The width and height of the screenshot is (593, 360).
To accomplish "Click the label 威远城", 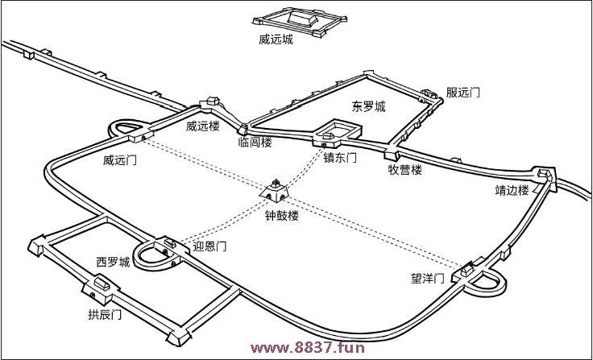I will point(276,39).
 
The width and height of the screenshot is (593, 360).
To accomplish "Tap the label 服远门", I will point(463,93).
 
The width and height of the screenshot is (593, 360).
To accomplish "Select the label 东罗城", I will point(368,106).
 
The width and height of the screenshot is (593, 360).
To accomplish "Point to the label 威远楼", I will point(202,126).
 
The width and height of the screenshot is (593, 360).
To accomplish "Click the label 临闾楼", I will point(255,143).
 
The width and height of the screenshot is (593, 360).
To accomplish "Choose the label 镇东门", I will point(340,158).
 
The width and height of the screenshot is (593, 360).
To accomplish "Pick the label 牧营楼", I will point(405,170).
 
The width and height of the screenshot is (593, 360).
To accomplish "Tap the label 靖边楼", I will point(512,191).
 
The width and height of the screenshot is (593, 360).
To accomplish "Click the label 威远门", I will point(120,160).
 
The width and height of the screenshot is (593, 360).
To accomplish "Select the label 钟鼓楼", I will point(282,216).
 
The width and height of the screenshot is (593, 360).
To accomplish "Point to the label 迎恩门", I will point(210,246).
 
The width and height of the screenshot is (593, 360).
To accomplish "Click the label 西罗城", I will point(113,263).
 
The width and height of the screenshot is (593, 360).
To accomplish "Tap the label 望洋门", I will point(427,279).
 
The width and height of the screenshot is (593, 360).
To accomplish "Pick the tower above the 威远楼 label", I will point(213,102).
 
